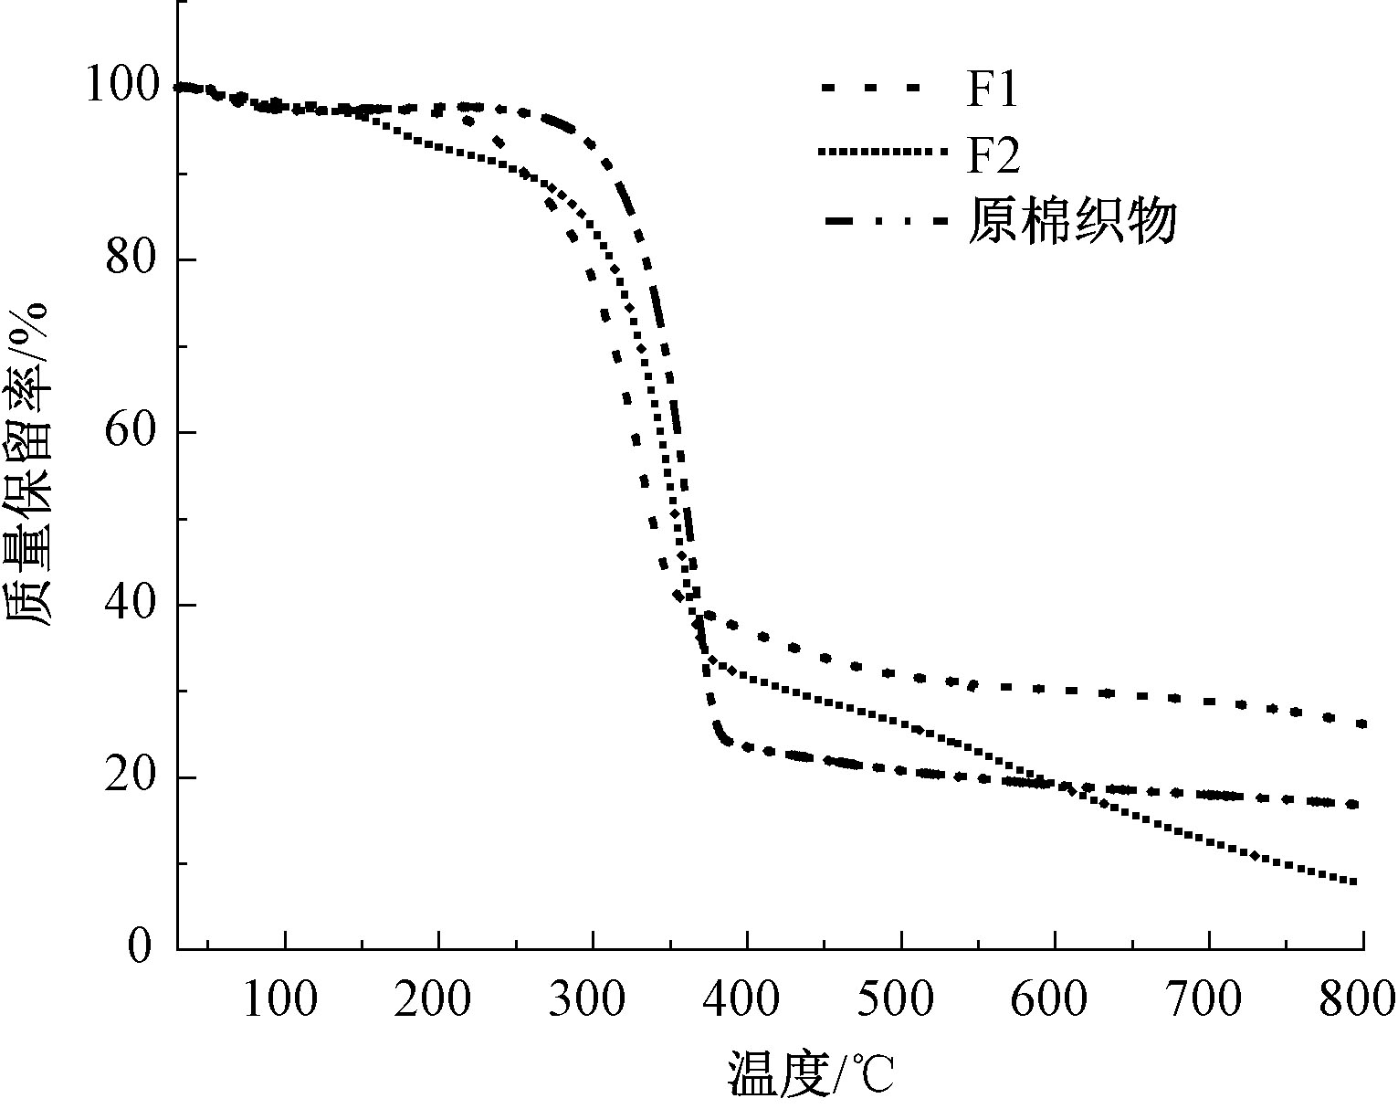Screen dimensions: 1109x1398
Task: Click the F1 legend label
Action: [992, 90]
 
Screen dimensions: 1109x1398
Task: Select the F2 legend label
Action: [993, 156]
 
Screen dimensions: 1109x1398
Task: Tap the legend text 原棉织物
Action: [1073, 222]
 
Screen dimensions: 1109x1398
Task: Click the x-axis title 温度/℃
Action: [811, 1074]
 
